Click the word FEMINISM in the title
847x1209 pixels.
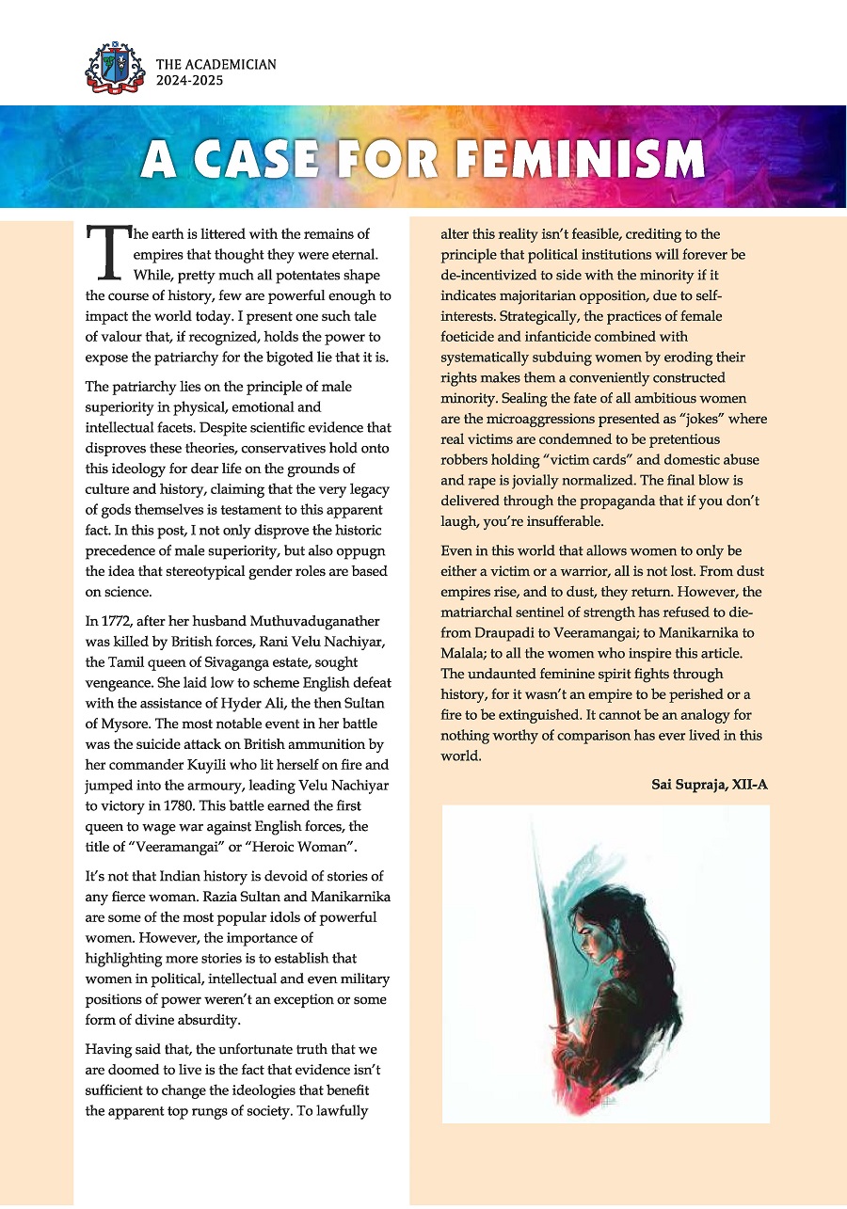pos(581,160)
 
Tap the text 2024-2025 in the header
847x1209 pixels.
pos(191,82)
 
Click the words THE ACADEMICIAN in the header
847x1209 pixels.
pos(216,65)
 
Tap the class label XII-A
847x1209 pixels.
pos(747,784)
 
